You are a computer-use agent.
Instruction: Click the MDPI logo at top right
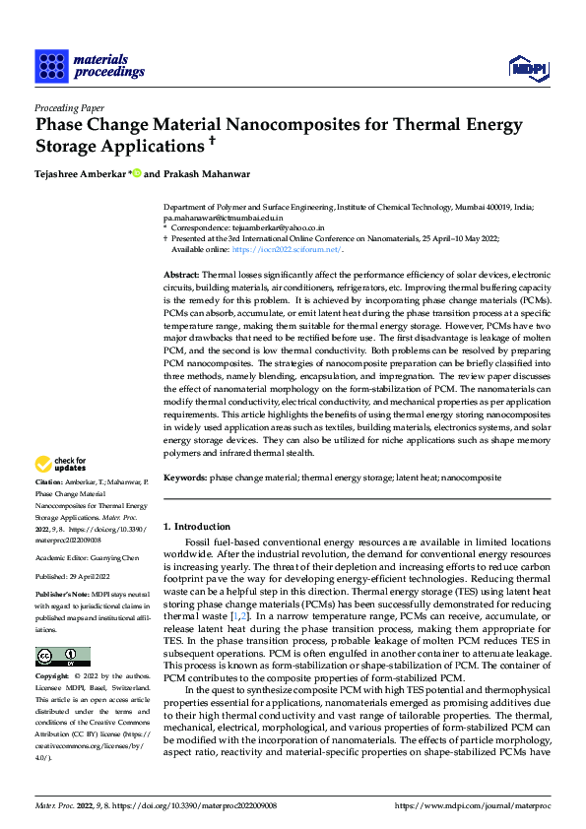[x=528, y=67]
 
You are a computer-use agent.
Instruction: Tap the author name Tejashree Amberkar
[x=81, y=174]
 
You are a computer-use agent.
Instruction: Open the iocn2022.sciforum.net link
[x=293, y=250]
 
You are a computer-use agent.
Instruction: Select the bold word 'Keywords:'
[x=185, y=477]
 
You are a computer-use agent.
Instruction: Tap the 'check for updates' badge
[x=61, y=463]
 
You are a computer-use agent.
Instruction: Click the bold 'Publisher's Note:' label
[x=63, y=595]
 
